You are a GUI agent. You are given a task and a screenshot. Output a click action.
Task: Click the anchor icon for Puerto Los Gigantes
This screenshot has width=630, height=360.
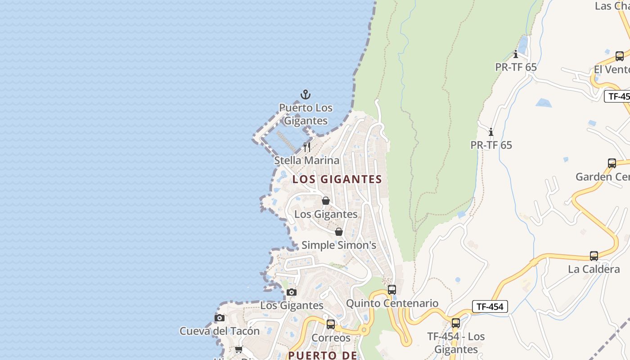[306, 95]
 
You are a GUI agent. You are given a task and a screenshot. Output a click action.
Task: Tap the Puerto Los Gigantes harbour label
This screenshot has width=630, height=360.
[306, 114]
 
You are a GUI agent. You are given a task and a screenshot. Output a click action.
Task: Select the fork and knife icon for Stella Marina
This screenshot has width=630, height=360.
[307, 147]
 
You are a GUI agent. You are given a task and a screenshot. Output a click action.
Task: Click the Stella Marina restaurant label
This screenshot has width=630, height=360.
[307, 160]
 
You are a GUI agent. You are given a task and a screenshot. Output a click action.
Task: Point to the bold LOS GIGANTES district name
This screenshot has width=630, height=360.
[337, 179]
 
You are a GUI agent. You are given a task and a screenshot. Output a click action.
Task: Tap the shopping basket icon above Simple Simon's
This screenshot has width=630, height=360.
[339, 232]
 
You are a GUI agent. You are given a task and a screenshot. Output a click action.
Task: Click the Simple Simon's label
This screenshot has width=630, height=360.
[338, 245]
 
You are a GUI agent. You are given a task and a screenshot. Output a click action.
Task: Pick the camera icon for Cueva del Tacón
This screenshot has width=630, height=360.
[220, 318]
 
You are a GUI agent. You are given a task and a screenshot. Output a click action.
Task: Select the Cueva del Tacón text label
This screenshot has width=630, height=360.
[220, 331]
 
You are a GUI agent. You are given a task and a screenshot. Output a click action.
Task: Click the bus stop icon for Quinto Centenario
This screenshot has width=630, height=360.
[392, 290]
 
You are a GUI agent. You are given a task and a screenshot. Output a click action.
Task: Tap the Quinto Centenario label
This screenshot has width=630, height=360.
[392, 303]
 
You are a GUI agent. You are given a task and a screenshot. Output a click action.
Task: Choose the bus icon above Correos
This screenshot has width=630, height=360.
[331, 324]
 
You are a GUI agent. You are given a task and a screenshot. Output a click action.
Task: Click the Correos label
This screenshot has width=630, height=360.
[331, 338]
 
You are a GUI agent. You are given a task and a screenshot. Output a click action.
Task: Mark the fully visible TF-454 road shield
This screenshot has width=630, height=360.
[490, 307]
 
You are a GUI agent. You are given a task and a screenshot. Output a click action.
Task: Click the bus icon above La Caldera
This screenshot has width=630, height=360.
[594, 256]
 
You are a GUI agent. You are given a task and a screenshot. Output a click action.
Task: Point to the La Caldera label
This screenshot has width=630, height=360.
[594, 270]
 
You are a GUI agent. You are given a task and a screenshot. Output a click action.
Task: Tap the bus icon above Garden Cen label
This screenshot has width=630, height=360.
[612, 163]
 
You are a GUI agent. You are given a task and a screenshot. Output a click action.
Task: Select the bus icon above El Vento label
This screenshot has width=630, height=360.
[620, 56]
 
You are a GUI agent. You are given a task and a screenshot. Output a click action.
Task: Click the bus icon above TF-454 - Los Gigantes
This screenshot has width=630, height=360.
[456, 323]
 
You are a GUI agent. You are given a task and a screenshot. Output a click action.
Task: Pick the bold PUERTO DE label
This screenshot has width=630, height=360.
[323, 355]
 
